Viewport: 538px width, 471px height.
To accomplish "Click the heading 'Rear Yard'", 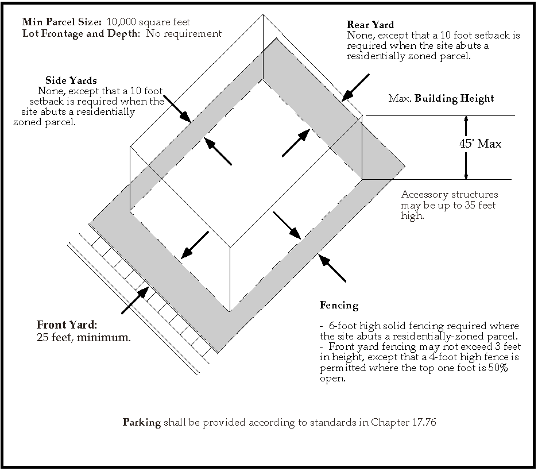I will (370, 25).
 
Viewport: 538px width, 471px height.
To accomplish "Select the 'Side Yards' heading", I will (71, 80).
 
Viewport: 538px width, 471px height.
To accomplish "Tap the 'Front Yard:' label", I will (67, 325).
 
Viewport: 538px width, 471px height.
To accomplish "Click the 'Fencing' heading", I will (339, 306).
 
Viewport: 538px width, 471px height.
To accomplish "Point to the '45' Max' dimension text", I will (480, 144).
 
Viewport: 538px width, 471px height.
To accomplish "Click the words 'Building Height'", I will (454, 98).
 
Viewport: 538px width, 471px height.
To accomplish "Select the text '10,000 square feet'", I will (148, 22).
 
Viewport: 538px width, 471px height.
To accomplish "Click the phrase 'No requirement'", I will (184, 33).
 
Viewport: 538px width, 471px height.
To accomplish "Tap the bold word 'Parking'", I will (142, 423).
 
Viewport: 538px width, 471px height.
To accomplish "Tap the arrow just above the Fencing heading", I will (332, 268).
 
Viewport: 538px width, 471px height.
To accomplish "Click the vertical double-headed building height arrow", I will (466, 148).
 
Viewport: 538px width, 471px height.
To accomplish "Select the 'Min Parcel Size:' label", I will (63, 22).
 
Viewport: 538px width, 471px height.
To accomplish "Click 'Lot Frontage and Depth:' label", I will (82, 33).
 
